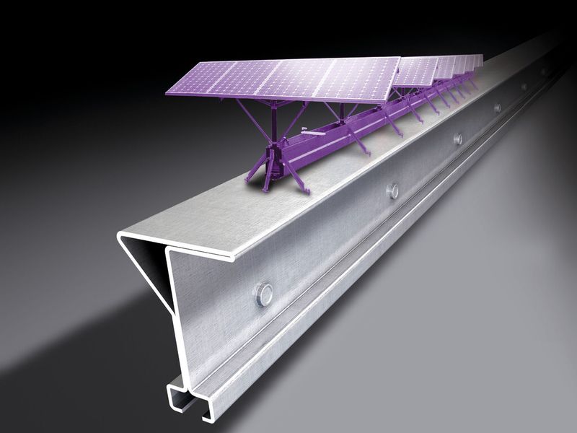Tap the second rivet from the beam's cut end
coord(392,191)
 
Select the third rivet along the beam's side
coord(457,139)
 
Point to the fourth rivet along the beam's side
coord(497,108)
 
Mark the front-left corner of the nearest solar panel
coord(167,93)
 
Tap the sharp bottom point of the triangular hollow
coord(173,315)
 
